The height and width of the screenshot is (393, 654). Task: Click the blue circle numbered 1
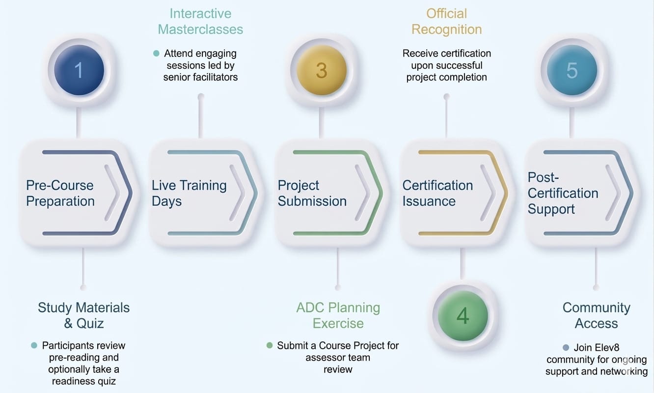tap(79, 70)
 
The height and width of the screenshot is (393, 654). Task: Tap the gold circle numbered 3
tap(322, 70)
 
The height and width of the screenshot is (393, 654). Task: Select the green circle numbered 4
tap(463, 315)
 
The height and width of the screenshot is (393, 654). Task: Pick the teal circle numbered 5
tap(572, 70)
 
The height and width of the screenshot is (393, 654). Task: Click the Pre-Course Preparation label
tap(60, 193)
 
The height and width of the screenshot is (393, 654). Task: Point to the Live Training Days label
tap(189, 193)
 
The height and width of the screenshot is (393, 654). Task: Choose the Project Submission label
tap(312, 193)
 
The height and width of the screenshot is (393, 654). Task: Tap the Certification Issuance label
tap(437, 193)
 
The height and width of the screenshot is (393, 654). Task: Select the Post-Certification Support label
tap(563, 193)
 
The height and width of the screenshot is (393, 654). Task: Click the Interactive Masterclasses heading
tap(200, 21)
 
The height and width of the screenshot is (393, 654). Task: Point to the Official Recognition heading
tap(446, 21)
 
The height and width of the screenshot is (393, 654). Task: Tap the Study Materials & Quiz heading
tap(84, 315)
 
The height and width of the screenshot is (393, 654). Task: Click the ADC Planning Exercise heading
tap(338, 315)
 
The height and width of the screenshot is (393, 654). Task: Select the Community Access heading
tap(596, 315)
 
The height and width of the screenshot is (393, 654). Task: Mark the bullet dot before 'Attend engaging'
tap(156, 53)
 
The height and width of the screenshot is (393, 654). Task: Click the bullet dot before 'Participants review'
tap(34, 345)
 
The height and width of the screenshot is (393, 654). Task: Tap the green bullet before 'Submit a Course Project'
tap(270, 345)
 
